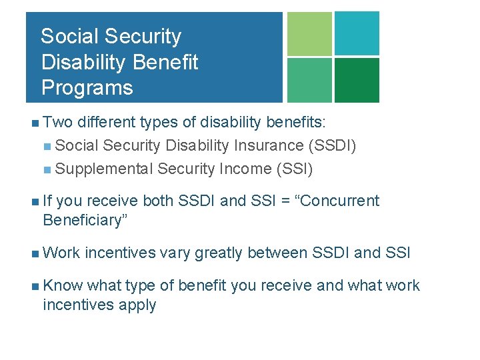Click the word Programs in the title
(87, 87)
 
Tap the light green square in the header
(309, 33)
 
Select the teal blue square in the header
(357, 33)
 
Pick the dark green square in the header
(357, 80)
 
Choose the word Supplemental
(105, 169)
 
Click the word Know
(63, 285)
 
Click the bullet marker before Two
(34, 123)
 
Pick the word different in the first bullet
(107, 122)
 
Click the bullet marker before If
(34, 201)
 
